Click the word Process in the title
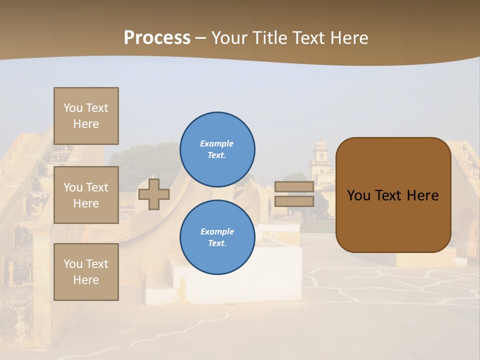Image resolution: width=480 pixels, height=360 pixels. coord(157,38)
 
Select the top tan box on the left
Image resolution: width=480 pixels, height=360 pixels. coord(86,116)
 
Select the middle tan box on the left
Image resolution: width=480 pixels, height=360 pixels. coord(86,195)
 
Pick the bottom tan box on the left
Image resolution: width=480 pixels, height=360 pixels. coord(86,272)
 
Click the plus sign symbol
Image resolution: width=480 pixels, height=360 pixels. coord(154,194)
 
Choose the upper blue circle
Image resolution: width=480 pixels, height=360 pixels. coord(217,149)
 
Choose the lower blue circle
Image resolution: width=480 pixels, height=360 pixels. coord(217,237)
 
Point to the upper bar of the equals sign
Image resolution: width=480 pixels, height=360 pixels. coord(294,186)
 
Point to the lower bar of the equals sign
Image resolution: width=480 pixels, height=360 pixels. coord(294,201)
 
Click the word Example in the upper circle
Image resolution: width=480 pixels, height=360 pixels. coord(216,143)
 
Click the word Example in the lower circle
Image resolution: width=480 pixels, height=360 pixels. coord(217,231)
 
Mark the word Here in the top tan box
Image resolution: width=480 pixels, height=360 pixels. coord(86,124)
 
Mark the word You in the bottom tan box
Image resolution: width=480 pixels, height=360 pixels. coord(73,264)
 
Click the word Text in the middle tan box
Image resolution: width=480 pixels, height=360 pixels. coord(97,187)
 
